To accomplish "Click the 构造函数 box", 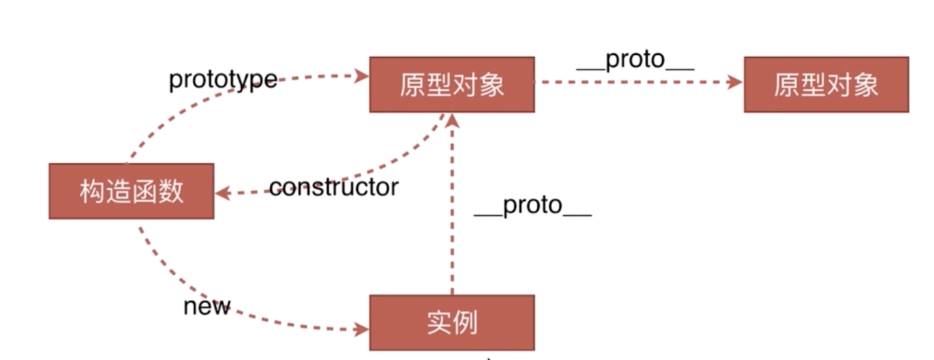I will (131, 191).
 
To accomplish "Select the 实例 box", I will (452, 323).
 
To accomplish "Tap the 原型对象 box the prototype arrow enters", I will (452, 84).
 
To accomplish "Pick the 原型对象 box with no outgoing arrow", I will (826, 84).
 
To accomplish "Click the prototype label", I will (223, 80).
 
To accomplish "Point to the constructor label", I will (334, 187).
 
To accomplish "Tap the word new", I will (207, 307).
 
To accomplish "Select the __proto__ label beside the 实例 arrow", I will (532, 205).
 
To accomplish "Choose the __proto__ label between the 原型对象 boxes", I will (635, 60).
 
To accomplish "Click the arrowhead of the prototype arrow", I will (362, 76).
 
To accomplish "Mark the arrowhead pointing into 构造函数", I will (222, 193).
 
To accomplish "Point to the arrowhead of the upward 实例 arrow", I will (452, 121).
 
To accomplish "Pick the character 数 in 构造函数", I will (171, 191).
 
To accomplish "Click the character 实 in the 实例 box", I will (439, 323).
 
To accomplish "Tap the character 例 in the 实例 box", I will (465, 323).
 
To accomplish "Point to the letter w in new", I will (221, 307).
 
